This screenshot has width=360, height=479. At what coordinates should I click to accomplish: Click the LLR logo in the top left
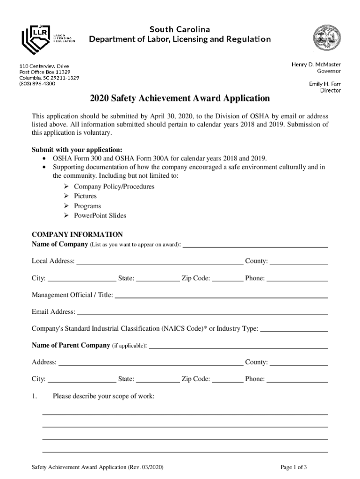click(47, 39)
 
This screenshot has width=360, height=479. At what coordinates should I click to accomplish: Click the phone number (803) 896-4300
click(37, 84)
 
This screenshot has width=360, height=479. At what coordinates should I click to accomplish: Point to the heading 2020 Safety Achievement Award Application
click(180, 99)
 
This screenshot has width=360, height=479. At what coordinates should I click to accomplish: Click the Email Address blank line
click(202, 312)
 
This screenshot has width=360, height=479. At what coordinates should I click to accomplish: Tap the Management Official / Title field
click(221, 295)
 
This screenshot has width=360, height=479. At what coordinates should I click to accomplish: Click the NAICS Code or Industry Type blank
click(294, 329)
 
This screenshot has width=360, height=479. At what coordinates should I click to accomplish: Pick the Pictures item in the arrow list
click(85, 196)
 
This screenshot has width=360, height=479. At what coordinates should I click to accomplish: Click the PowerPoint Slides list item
click(100, 216)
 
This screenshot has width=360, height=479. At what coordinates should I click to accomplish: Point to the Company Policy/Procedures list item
click(114, 187)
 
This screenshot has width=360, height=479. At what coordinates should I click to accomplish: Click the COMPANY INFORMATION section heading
click(77, 234)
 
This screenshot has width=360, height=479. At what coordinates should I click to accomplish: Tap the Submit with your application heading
click(77, 150)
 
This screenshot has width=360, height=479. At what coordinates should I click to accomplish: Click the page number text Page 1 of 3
click(294, 467)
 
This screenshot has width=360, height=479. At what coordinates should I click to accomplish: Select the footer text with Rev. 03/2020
click(97, 467)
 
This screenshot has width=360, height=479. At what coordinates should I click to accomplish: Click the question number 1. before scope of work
click(34, 396)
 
